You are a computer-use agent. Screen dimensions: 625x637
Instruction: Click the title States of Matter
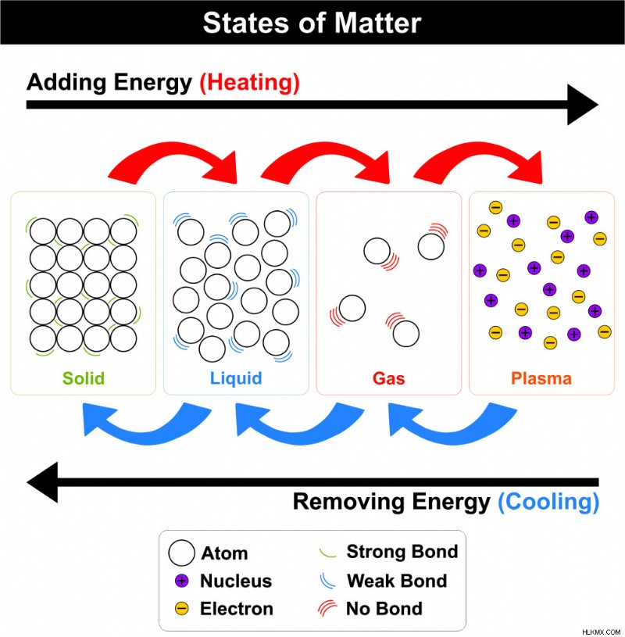(312, 23)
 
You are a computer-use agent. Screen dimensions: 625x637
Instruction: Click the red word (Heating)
(249, 83)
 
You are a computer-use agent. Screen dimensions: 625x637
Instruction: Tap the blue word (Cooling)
(548, 502)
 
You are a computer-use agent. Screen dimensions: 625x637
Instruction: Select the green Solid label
(84, 378)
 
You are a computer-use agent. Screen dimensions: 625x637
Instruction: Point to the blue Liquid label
(236, 378)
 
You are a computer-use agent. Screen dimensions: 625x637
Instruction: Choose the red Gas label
(388, 378)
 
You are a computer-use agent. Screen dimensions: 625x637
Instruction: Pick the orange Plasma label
(541, 378)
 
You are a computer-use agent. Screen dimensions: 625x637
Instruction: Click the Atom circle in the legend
(181, 553)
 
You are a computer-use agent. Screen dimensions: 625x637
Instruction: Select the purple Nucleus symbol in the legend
(181, 581)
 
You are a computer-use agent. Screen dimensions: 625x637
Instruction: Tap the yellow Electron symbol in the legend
(181, 609)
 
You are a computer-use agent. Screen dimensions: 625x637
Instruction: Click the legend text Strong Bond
(402, 552)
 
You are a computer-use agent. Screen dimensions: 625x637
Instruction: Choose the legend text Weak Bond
(397, 581)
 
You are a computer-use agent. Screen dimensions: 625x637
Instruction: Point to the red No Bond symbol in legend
(327, 608)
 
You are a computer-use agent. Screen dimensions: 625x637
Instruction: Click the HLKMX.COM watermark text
(601, 632)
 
